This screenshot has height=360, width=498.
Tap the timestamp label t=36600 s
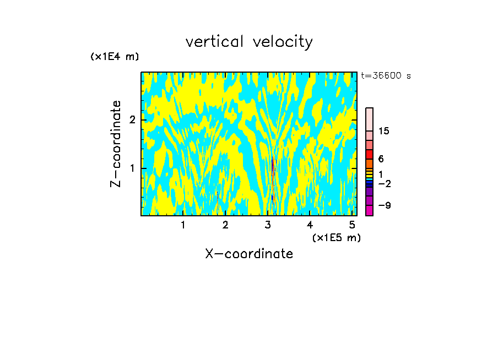click(386, 76)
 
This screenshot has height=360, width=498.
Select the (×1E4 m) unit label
click(115, 57)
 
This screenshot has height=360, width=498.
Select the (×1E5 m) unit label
click(336, 237)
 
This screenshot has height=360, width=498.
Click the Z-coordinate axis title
click(116, 144)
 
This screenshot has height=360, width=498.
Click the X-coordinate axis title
click(249, 254)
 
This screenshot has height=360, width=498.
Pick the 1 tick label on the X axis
click(183, 225)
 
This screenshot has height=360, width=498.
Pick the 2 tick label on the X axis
click(225, 225)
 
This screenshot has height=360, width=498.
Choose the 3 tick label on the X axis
click(268, 225)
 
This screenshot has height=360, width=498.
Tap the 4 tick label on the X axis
click(310, 225)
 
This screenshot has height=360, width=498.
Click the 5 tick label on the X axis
click(352, 225)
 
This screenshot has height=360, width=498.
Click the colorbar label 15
click(384, 131)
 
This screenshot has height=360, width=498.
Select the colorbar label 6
click(381, 159)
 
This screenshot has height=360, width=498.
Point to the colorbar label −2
click(384, 183)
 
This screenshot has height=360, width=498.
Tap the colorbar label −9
click(384, 206)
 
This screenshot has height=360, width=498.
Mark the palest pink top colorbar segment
click(370, 119)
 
